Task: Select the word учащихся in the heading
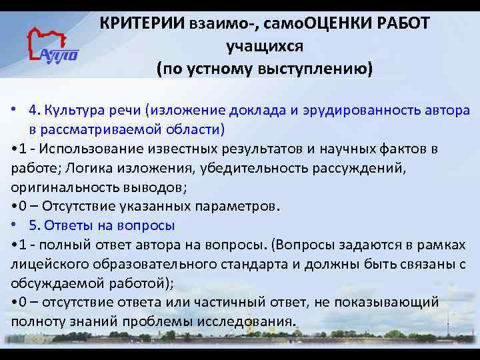[x=265, y=47]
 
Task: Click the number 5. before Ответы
[x=34, y=225]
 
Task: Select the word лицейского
[x=50, y=263]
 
